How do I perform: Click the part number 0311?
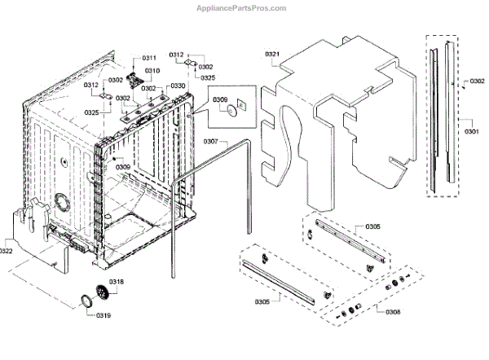pyautogui.click(x=149, y=59)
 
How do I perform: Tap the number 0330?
pyautogui.click(x=178, y=86)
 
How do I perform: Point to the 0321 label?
pyautogui.click(x=272, y=55)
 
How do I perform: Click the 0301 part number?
pyautogui.click(x=471, y=131)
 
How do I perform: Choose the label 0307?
pyautogui.click(x=211, y=142)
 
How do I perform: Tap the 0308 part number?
pyautogui.click(x=393, y=311)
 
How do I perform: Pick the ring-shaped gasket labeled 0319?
pyautogui.click(x=84, y=303)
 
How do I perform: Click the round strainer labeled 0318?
pyautogui.click(x=102, y=291)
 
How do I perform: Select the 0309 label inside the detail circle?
pyautogui.click(x=220, y=100)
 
